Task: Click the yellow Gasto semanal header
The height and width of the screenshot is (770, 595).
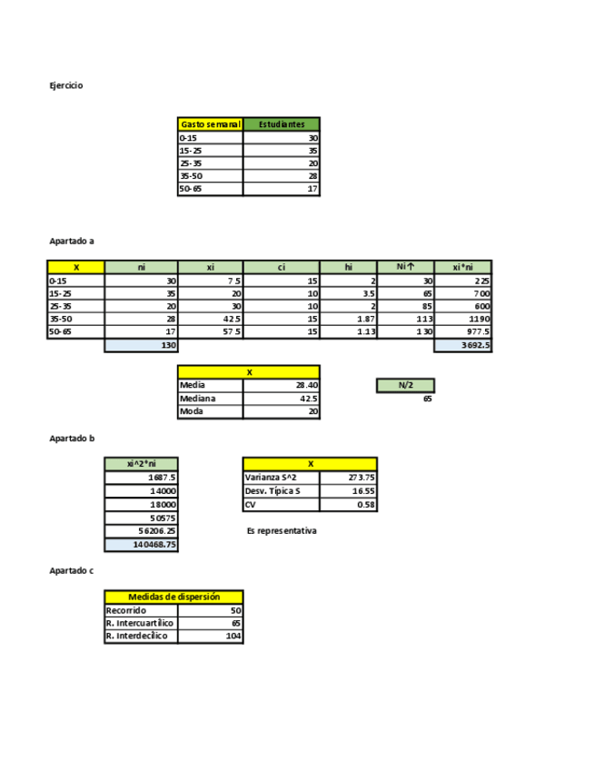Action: click(210, 124)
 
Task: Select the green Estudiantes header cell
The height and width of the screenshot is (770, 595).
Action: click(282, 124)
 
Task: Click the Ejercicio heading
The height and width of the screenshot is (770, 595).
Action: click(66, 85)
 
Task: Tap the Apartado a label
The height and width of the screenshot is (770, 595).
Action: click(72, 242)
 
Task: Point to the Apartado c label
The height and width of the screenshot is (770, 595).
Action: click(72, 570)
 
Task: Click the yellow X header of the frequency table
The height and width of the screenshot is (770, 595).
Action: click(76, 267)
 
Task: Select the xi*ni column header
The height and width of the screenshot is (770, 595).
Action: click(463, 267)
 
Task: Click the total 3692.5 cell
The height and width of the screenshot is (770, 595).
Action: click(463, 346)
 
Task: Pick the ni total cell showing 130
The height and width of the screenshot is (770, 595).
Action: click(142, 346)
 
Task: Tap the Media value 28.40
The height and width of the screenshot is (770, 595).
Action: click(282, 385)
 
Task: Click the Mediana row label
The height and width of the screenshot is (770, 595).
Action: click(211, 399)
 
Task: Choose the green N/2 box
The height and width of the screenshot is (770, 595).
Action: click(406, 386)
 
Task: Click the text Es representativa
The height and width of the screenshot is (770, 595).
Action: click(282, 531)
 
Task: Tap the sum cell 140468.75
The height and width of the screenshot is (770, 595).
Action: click(142, 545)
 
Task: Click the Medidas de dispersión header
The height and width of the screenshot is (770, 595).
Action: click(174, 597)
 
